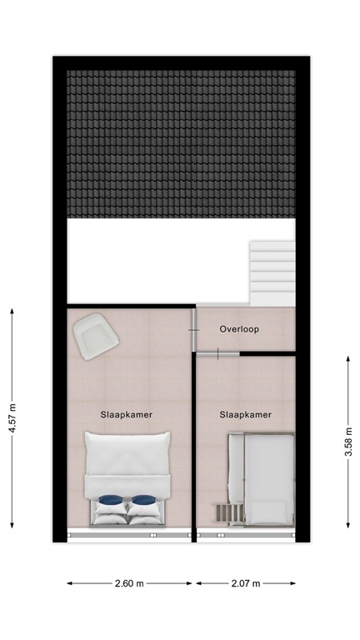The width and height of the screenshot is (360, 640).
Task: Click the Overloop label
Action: coord(239,329)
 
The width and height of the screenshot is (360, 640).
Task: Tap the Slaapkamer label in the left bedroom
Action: coord(126,414)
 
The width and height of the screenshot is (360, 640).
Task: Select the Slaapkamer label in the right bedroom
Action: coord(245,414)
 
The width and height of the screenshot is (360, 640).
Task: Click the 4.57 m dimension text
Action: coord(11,417)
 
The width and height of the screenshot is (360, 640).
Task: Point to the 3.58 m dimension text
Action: coord(347,440)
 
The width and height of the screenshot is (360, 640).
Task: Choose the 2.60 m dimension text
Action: coord(129,583)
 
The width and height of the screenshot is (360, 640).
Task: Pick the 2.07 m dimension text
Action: coord(245,583)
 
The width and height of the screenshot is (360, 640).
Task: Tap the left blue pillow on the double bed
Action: coord(109,501)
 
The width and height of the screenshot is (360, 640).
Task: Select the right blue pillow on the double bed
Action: coord(143,501)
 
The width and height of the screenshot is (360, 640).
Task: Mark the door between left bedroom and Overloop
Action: coord(194,329)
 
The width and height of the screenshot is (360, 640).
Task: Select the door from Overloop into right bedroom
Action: coord(217,354)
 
